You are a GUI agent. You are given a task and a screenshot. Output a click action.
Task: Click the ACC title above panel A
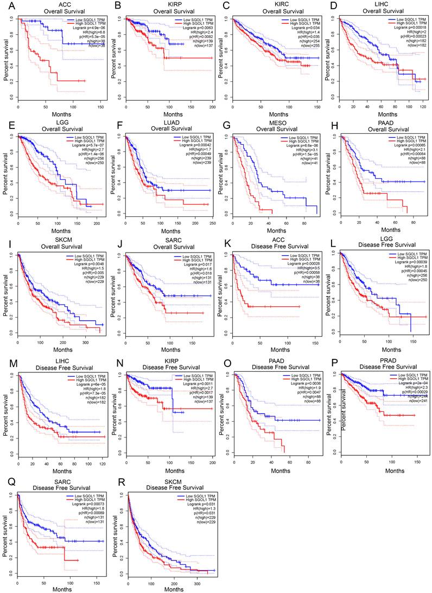(x=54, y=4)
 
